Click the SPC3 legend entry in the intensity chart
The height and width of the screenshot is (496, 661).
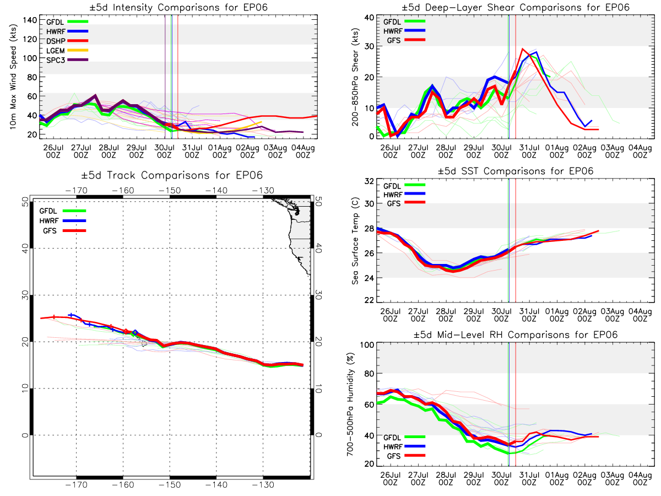click(67, 60)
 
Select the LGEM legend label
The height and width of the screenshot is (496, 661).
click(56, 51)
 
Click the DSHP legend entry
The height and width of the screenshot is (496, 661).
click(67, 41)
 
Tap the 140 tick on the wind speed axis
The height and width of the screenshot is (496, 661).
click(30, 20)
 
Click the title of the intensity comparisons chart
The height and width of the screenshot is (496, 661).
click(178, 7)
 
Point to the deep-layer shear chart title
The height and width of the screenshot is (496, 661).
click(516, 7)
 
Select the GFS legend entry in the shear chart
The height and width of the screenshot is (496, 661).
click(406, 40)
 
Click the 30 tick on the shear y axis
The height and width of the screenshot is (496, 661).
click(369, 46)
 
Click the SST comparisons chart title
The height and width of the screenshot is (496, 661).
click(516, 171)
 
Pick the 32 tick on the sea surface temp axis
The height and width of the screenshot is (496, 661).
click(369, 181)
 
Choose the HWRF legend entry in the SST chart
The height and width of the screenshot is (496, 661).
click(404, 194)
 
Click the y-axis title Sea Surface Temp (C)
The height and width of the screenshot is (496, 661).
click(355, 241)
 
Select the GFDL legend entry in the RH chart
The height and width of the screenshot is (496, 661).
click(404, 437)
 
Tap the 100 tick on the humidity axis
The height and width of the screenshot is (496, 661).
click(367, 345)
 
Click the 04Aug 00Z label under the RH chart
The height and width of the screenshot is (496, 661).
click(640, 478)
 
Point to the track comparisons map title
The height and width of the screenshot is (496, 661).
click(172, 175)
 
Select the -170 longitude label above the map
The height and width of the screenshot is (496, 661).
click(76, 190)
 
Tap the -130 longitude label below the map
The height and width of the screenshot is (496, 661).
click(263, 485)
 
